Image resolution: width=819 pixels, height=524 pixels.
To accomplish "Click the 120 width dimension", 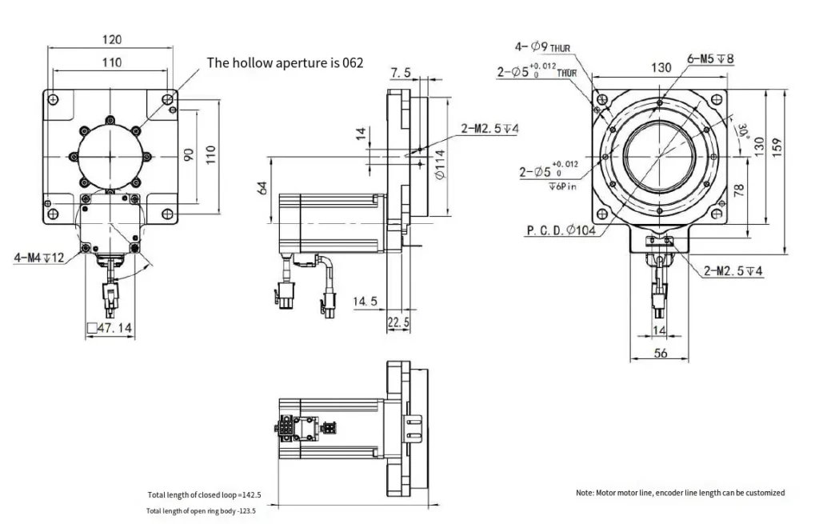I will coord(111,38).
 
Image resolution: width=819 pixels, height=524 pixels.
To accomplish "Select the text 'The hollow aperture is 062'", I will coord(286,62).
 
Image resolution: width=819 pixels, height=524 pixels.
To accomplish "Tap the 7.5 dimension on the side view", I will coord(401,73).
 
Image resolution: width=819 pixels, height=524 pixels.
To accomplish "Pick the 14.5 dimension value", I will coord(364,302).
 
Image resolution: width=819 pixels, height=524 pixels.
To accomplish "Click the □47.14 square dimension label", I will coord(111,328).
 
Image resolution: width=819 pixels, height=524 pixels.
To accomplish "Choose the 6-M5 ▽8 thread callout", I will coord(711,58).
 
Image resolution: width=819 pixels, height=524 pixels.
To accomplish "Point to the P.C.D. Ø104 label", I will coord(563,231).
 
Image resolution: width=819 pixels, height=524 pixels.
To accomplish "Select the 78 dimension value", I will coord(739,190).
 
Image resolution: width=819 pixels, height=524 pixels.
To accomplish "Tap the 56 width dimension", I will coord(660,354).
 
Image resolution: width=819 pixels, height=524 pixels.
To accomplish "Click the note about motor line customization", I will coord(680,493).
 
